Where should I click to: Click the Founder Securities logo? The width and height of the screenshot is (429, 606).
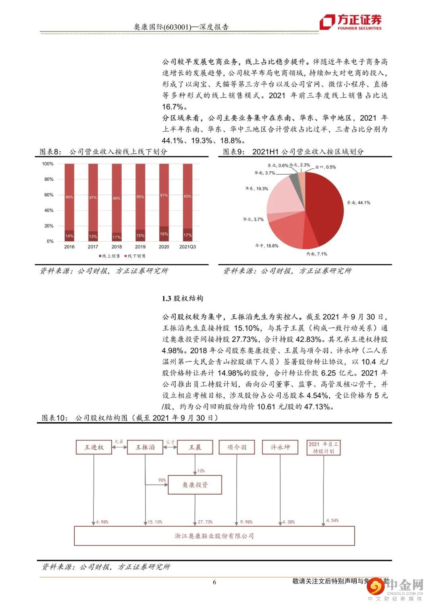click(351, 22)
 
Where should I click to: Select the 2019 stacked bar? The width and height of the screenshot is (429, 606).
click(140, 202)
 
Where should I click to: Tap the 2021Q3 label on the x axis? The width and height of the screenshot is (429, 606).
click(187, 247)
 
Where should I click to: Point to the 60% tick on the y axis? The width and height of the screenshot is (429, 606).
click(48, 195)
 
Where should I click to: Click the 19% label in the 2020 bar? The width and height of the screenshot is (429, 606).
click(164, 234)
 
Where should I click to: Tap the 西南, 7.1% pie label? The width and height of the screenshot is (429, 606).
click(316, 254)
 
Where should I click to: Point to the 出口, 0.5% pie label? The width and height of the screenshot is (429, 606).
click(326, 167)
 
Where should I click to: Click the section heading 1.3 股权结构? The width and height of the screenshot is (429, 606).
click(183, 298)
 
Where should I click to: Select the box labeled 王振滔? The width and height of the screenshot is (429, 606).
click(145, 447)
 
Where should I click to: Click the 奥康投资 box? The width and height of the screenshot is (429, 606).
click(195, 485)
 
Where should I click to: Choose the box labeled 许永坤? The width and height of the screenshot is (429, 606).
click(280, 447)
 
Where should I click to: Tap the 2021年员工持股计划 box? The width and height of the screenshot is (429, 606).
click(324, 448)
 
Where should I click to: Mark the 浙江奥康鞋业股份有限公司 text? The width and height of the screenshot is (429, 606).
click(214, 536)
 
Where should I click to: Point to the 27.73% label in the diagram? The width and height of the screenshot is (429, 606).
click(205, 522)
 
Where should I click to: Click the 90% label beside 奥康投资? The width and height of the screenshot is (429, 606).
click(162, 480)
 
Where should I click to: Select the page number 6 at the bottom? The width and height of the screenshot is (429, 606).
click(214, 582)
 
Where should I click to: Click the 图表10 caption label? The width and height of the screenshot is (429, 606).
click(55, 418)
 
